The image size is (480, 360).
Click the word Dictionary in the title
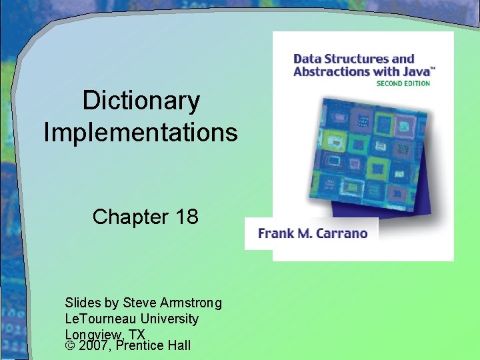[x=141, y=101]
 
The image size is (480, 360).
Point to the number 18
[x=185, y=217]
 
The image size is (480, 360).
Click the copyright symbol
[x=70, y=345]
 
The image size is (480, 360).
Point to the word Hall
[x=177, y=345]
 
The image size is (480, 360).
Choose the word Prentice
[x=139, y=345]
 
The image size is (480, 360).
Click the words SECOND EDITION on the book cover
[x=403, y=84]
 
